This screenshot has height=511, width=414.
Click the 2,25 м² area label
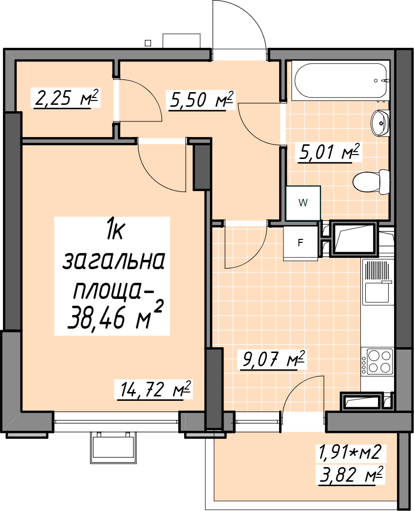[x=65, y=98]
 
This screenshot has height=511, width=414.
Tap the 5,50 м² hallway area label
[x=201, y=100]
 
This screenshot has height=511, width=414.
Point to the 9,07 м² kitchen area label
[x=273, y=360]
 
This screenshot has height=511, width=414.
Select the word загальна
[x=113, y=262]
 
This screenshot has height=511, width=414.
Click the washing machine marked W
[x=303, y=203]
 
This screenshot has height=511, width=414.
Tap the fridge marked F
[x=301, y=243]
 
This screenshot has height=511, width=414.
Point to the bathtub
[x=340, y=81]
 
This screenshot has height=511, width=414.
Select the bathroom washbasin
[x=380, y=123]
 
